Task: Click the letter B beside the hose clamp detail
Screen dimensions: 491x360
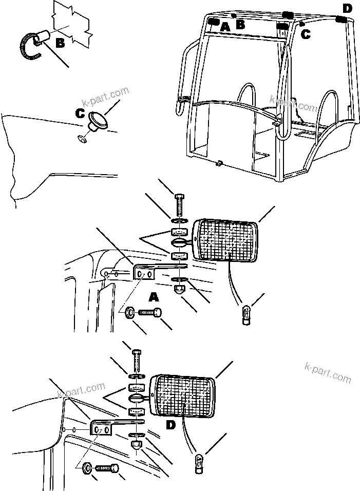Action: tap(60, 44)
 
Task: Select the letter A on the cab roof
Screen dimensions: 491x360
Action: tap(224, 28)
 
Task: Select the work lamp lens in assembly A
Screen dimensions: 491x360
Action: tap(226, 239)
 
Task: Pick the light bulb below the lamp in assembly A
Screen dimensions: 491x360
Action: tap(247, 313)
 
